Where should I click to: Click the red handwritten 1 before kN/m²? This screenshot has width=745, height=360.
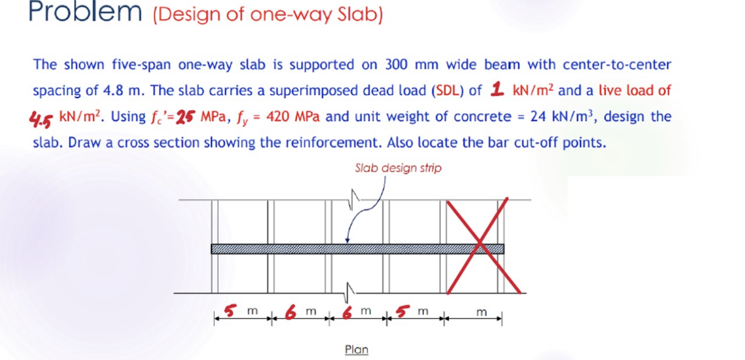(x=496, y=89)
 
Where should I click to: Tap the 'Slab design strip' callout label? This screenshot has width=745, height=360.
(x=398, y=168)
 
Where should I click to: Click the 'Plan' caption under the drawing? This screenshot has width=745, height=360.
(x=356, y=349)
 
